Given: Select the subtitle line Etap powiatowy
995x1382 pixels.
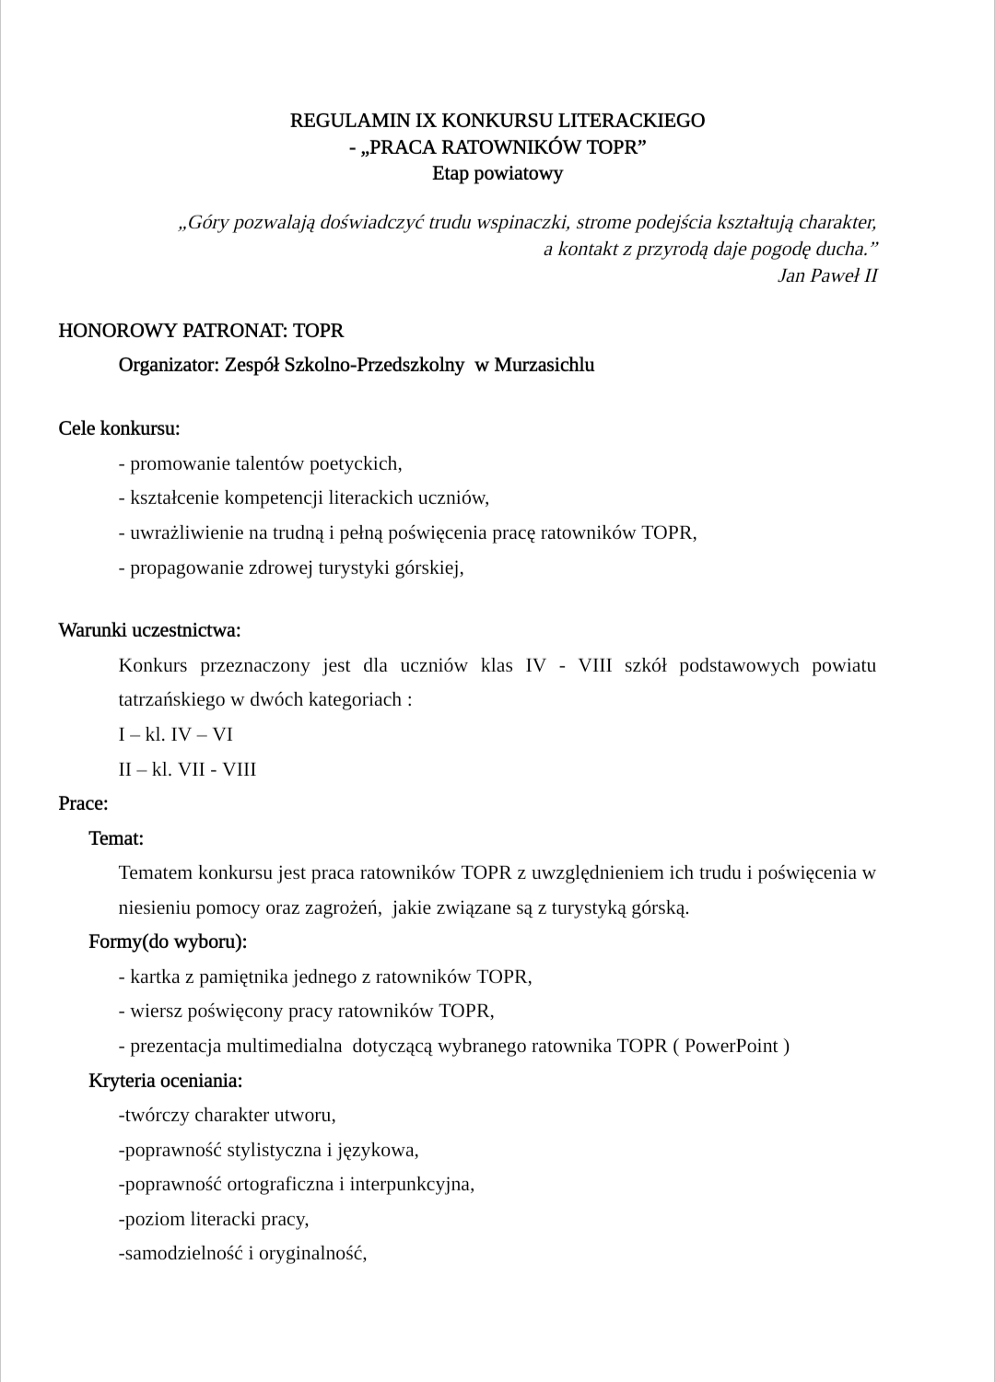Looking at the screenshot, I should click(497, 173).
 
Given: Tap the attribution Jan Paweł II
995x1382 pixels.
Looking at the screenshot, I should click(827, 275).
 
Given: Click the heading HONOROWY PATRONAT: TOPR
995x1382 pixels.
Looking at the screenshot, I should click(201, 330).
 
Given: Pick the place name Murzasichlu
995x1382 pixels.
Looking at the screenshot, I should click(544, 365).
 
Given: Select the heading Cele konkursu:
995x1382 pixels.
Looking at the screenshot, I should click(119, 428).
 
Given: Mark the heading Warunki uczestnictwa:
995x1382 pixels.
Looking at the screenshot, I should click(149, 630).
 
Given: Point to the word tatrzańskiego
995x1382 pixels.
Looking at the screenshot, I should click(172, 699).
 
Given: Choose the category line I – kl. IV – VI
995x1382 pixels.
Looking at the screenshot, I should click(175, 734).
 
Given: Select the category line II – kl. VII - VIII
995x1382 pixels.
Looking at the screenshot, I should click(187, 769).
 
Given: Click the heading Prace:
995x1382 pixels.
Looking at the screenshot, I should click(83, 803).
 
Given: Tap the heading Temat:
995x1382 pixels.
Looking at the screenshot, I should click(116, 838).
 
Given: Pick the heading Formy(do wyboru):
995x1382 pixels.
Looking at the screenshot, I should click(168, 942).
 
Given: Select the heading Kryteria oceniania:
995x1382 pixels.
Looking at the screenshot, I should click(166, 1080).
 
